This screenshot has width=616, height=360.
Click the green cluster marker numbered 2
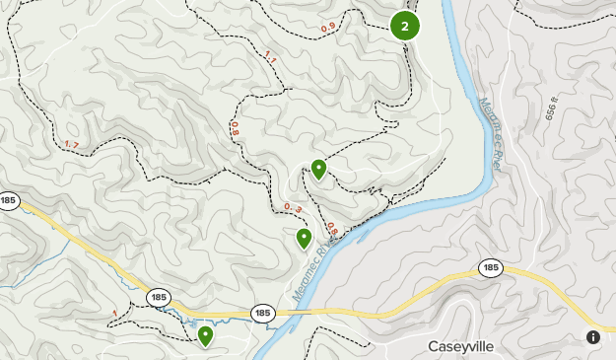click(404, 26)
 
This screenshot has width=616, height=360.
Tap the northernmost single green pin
click(318, 169)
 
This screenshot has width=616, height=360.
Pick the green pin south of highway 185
click(205, 335)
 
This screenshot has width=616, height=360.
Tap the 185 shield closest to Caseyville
click(490, 267)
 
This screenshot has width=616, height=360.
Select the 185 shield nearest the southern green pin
click(159, 296)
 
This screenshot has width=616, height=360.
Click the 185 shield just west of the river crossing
click(261, 313)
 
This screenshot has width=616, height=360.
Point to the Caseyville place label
click(460, 346)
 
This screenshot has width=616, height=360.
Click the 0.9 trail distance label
click(328, 27)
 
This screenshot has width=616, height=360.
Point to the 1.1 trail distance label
click(271, 59)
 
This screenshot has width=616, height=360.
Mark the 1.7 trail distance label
click(72, 145)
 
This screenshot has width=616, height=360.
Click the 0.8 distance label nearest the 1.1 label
click(235, 127)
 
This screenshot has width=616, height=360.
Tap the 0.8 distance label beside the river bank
click(331, 230)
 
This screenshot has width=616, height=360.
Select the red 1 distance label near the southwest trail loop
click(115, 314)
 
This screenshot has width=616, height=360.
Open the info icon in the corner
click(593, 337)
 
